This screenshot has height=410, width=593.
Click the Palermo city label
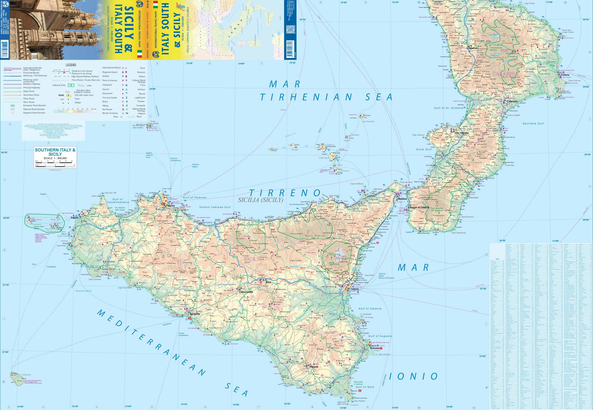(170, 206)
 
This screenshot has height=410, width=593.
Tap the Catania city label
(354, 289)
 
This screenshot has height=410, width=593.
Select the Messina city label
(402, 199)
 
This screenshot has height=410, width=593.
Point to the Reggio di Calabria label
(419, 207)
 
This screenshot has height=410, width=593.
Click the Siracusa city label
(374, 348)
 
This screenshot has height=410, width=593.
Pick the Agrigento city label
(195, 314)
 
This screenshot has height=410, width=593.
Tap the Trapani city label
(74, 218)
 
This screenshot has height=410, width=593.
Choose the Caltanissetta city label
(246, 292)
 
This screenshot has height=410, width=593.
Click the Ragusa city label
(314, 367)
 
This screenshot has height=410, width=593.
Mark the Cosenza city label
(473, 48)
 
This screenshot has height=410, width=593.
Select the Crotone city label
(565, 75)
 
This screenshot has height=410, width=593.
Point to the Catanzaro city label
(512, 101)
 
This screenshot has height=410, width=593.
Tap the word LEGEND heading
(71, 65)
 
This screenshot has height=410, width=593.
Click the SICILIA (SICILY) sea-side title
(261, 200)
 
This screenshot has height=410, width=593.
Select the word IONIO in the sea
(413, 376)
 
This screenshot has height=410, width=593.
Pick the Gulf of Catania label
(370, 308)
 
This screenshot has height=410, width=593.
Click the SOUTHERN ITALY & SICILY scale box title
(55, 152)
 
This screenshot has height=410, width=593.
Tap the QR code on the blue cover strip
(290, 29)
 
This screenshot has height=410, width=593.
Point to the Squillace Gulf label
(533, 124)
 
